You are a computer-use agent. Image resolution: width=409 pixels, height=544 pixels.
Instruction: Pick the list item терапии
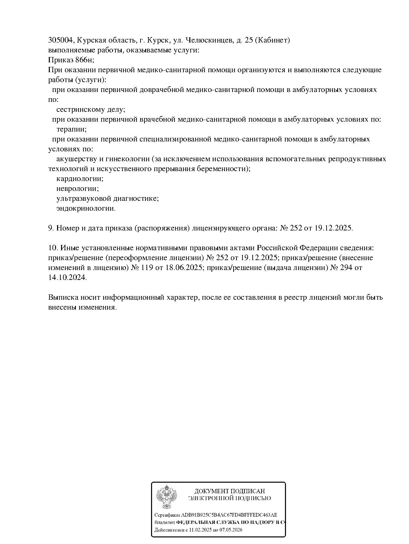[x=72, y=129]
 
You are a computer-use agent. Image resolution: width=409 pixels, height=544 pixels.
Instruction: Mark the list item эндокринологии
[x=86, y=208]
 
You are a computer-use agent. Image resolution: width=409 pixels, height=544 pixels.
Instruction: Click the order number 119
[x=147, y=268]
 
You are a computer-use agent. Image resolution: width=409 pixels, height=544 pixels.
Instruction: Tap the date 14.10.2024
[x=67, y=278]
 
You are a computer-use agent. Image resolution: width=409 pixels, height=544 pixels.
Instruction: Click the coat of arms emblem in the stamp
[x=166, y=497]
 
